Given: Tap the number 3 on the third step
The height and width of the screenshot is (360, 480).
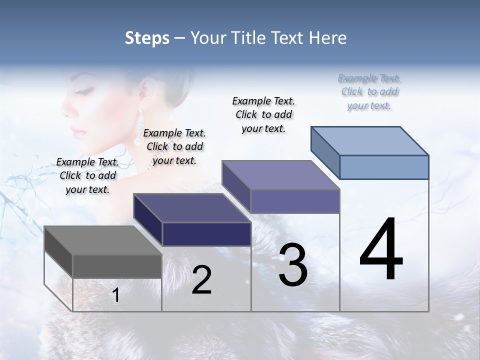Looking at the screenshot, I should (x=292, y=265).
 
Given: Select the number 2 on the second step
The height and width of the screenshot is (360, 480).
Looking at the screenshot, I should (x=201, y=280).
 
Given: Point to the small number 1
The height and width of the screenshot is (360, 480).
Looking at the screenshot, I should (x=115, y=295).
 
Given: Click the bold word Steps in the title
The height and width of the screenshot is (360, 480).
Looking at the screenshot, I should (x=147, y=38).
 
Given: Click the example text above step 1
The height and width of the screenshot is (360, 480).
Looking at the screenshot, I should (x=87, y=175).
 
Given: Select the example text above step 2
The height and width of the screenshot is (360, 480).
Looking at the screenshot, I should (x=174, y=146).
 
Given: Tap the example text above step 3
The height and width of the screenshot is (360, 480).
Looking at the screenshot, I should (x=263, y=114).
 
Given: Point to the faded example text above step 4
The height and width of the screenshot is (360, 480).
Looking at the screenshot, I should (x=369, y=91).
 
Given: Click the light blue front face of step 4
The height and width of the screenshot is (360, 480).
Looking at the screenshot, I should (x=384, y=167).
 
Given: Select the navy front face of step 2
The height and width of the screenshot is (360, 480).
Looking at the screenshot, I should (x=206, y=234).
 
